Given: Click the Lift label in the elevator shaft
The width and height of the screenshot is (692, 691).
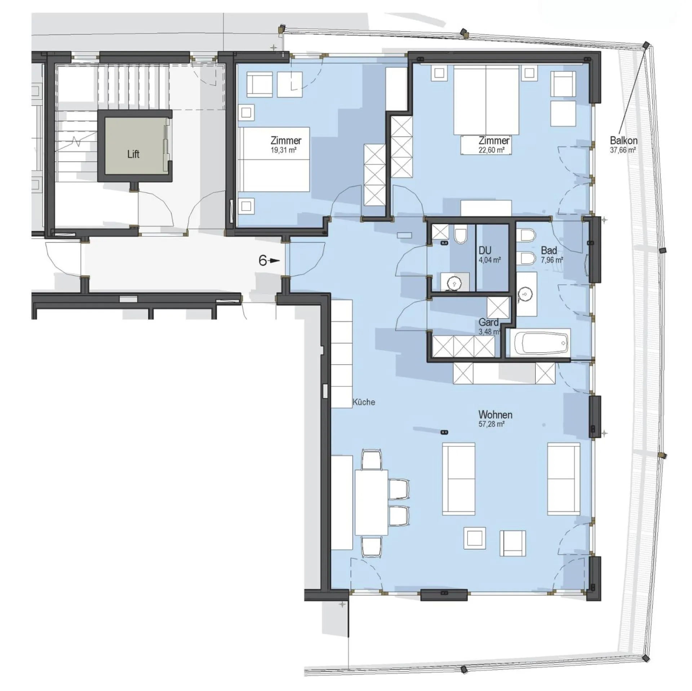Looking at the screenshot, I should [x=133, y=154].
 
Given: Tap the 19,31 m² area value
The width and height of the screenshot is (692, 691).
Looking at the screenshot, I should [x=283, y=150].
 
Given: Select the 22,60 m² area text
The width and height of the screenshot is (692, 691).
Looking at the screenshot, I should [x=491, y=150].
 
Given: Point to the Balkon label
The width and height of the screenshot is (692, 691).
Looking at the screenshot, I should [x=624, y=140].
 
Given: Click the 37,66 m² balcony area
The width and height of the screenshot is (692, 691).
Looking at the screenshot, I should [x=622, y=150].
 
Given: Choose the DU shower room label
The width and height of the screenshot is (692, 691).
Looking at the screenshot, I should [x=485, y=251].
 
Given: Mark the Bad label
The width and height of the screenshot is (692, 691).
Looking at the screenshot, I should [x=549, y=250].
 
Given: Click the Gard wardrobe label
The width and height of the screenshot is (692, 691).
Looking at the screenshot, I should [x=488, y=322].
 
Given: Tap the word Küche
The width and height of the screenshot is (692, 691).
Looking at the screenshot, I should [x=364, y=402].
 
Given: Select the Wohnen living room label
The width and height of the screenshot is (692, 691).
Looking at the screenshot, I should [x=495, y=415].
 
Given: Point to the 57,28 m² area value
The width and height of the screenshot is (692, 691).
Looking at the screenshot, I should [x=491, y=424].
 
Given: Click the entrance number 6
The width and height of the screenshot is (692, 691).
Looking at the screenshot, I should [x=263, y=261].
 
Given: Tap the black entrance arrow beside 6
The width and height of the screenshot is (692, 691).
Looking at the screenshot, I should [x=275, y=261].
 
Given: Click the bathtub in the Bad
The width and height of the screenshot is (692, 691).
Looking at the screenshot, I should [x=541, y=343].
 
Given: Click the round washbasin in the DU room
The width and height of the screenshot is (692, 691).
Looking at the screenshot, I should [x=453, y=284].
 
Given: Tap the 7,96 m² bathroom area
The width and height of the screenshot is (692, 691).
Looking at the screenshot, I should [x=552, y=260].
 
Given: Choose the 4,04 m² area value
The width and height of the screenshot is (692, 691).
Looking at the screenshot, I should [x=489, y=260].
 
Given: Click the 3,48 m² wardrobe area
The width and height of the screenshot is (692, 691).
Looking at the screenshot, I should [x=489, y=332].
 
